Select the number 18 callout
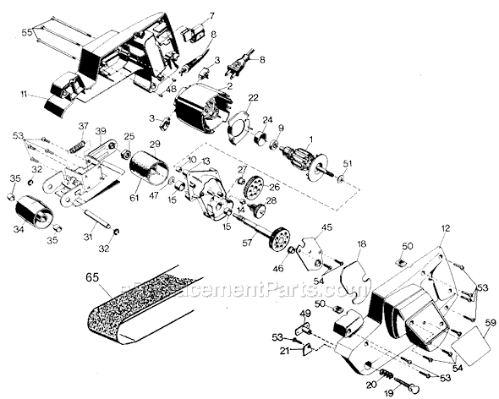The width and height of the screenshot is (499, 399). coord(361,244)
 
